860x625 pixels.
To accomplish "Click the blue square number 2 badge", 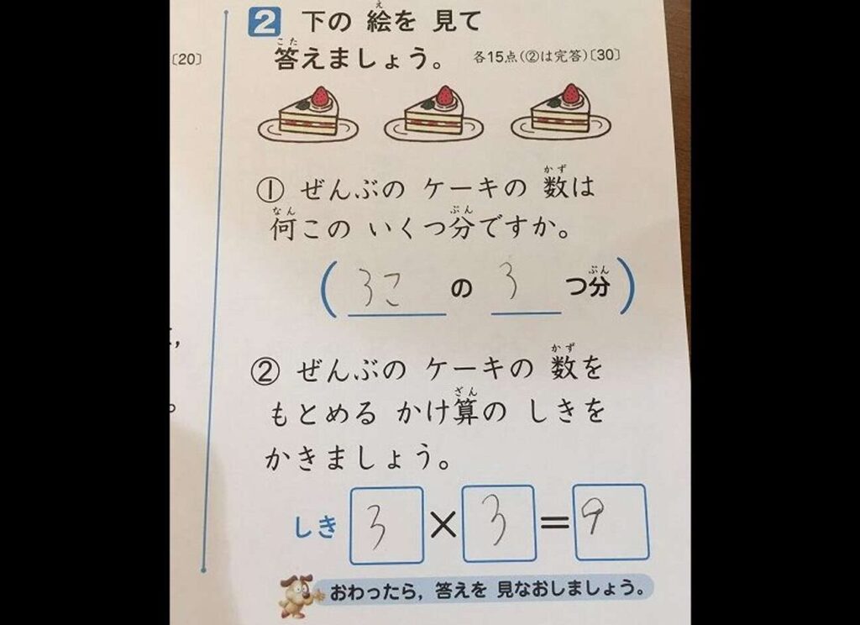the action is (x=264, y=23).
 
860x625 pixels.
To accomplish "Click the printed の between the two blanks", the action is (x=461, y=288).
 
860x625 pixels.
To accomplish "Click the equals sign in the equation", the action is (x=554, y=523).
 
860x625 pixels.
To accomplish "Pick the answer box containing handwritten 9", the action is (x=611, y=522).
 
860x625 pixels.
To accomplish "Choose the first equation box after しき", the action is (x=386, y=525).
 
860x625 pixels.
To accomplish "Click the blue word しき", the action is (x=315, y=528).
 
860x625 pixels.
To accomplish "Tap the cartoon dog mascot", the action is (x=296, y=596).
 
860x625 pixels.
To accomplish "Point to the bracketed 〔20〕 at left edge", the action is (x=186, y=59).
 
